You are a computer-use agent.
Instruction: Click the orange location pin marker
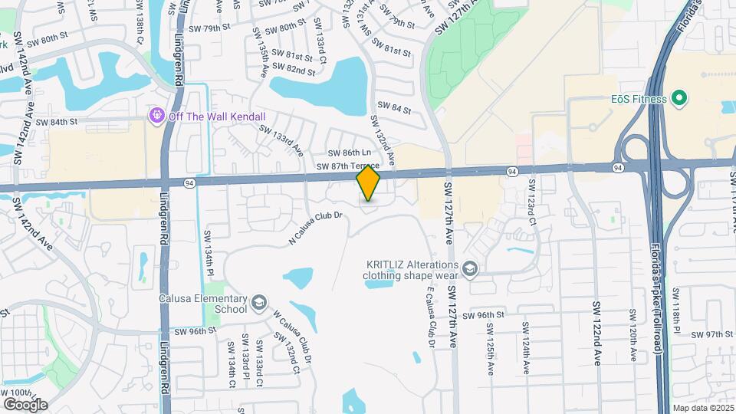point(368,183)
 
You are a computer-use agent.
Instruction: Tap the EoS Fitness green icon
point(678,98)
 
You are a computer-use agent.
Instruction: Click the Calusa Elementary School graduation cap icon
point(259,304)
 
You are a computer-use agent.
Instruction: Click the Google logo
point(25,404)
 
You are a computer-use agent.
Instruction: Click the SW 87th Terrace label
point(347,166)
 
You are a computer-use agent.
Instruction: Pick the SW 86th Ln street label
point(349,154)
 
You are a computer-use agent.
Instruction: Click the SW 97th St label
point(710,334)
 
